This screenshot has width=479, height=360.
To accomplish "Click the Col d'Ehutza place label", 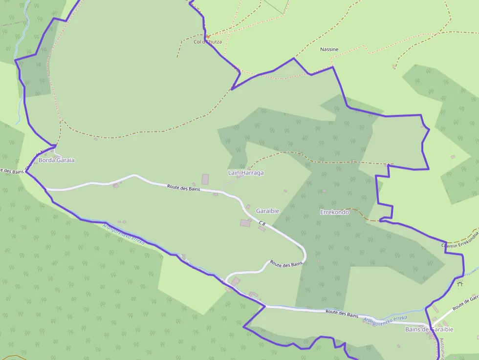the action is point(208,42).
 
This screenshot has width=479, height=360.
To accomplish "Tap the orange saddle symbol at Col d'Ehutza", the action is point(208,36).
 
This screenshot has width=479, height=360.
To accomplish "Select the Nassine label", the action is point(329,49).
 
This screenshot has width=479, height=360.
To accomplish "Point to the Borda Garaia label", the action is point(56,160).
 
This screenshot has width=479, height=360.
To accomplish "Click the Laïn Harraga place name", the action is point(246,173).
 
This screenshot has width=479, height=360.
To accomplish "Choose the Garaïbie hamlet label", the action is point(267,211).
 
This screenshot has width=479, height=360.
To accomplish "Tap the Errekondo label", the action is point(334,212).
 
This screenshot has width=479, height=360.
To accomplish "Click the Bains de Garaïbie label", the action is point(429,330).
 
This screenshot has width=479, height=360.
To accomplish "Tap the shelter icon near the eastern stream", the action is point(459,283).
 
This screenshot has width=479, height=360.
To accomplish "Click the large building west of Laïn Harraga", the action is point(205,179).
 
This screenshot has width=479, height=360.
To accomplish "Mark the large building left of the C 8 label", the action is point(245,223).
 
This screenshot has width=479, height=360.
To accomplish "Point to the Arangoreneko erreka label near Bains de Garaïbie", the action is point(385,318).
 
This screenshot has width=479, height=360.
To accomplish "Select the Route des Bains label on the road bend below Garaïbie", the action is point(286,263).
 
